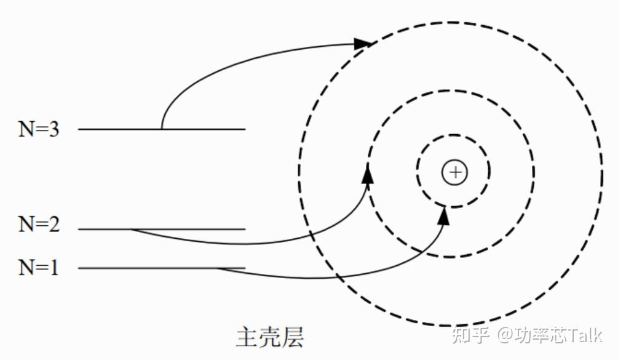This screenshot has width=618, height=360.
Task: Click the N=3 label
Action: [39, 129]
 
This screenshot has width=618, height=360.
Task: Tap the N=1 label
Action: [39, 268]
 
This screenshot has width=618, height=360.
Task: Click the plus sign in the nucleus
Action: [454, 172]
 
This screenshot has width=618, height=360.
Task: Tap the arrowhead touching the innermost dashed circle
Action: [445, 215]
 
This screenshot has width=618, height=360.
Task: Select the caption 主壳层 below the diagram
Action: [269, 337]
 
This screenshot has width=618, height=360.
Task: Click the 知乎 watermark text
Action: [470, 335]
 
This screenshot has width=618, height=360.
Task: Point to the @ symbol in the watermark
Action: [505, 335]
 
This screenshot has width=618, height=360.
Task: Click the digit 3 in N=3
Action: [53, 129]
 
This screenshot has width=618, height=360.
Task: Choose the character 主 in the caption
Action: [246, 337]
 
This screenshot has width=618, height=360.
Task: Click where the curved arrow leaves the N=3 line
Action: [162, 128]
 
